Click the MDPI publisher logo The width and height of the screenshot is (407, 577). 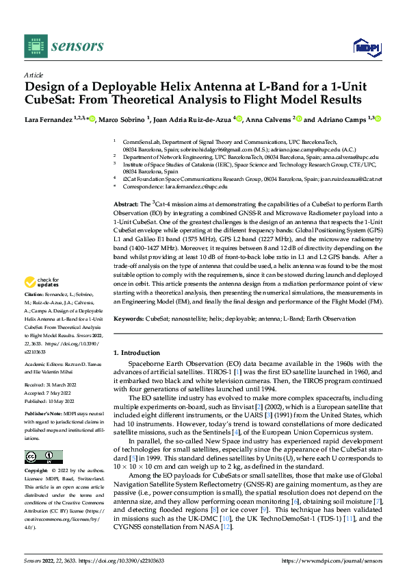click(363, 46)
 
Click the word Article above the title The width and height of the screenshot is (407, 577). click(34, 74)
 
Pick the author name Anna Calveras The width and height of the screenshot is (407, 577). click(267, 119)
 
